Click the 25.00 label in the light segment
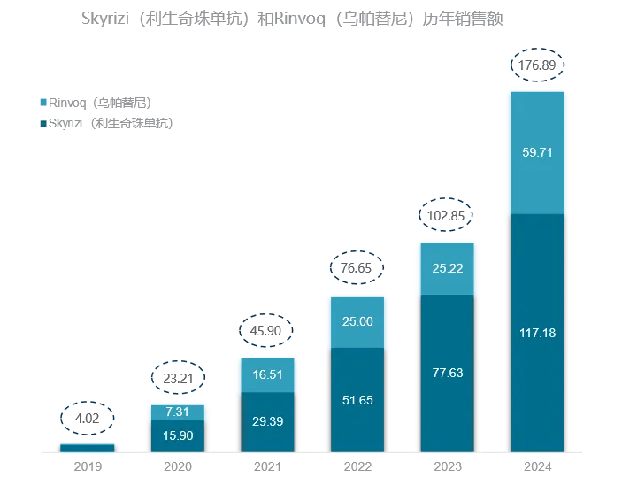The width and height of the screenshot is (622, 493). point(357,321)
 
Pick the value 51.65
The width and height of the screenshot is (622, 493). point(357,400)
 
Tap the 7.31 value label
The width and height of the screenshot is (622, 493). point(177,412)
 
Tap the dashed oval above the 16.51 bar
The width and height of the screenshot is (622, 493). point(264,330)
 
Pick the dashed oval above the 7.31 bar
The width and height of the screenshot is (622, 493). point(177,378)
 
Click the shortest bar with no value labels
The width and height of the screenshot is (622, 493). point(86,445)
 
